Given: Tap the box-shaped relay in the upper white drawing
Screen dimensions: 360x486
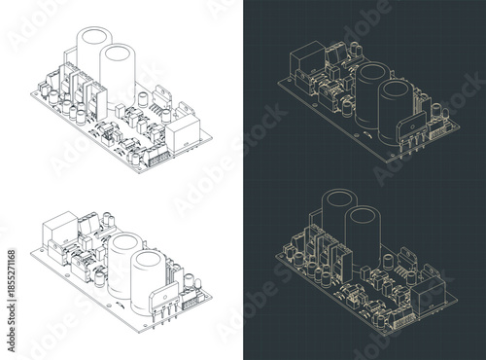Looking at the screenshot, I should pos(183,128).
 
